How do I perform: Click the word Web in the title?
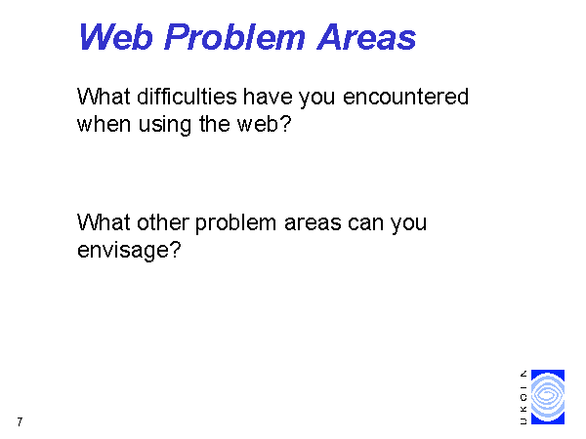[116, 37]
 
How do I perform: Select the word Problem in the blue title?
[234, 37]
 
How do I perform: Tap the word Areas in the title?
[366, 37]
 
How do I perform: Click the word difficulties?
[187, 97]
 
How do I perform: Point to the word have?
[268, 97]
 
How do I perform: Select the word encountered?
[405, 97]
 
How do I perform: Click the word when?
[104, 124]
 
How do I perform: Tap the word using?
[165, 125]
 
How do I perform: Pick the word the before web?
[215, 124]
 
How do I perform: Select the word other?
[162, 222]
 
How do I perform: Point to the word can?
[365, 223]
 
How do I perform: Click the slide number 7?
[20, 421]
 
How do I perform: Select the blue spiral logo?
[548, 397]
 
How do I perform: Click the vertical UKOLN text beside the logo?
[523, 397]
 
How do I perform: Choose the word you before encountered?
[316, 98]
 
